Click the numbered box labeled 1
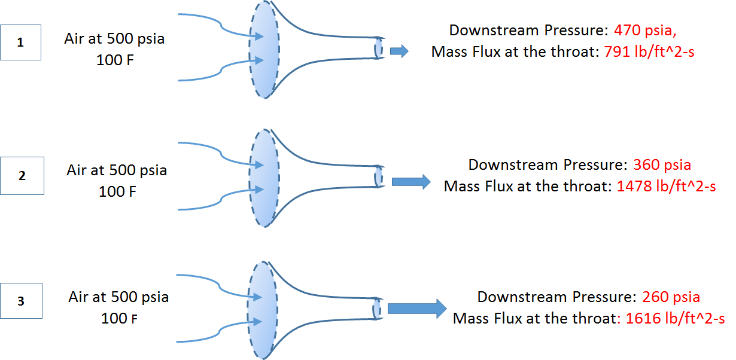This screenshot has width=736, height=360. coord(21,42)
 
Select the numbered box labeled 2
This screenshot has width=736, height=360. coord(22,176)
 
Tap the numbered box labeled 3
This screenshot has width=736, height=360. coord(22,301)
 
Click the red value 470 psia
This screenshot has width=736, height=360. coord(645,30)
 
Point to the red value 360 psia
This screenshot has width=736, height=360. coord(662,165)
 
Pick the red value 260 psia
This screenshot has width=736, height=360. coord(671,297)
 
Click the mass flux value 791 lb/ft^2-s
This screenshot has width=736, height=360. coord(649,52)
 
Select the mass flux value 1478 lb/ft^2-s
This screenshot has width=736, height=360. coord(667,186)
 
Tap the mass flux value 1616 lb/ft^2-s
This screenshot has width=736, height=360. coord(675,318)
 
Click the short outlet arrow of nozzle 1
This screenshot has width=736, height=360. coord(399,51)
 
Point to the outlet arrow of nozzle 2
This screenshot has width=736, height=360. coord(411,182)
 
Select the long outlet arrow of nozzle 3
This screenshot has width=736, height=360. coord(417,309)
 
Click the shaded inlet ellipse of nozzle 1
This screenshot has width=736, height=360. coord(264,50)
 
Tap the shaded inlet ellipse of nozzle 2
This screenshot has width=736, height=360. coord(264,178)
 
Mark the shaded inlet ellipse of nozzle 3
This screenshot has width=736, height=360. coord(263,310)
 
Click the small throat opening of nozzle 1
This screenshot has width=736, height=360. coord(379,48)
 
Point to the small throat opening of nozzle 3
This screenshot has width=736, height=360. coord(376,309)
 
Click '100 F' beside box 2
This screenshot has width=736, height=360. coord(117,192)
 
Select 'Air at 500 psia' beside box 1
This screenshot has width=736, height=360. coord(114,39)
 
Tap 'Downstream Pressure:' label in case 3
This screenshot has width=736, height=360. coord(556,297)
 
